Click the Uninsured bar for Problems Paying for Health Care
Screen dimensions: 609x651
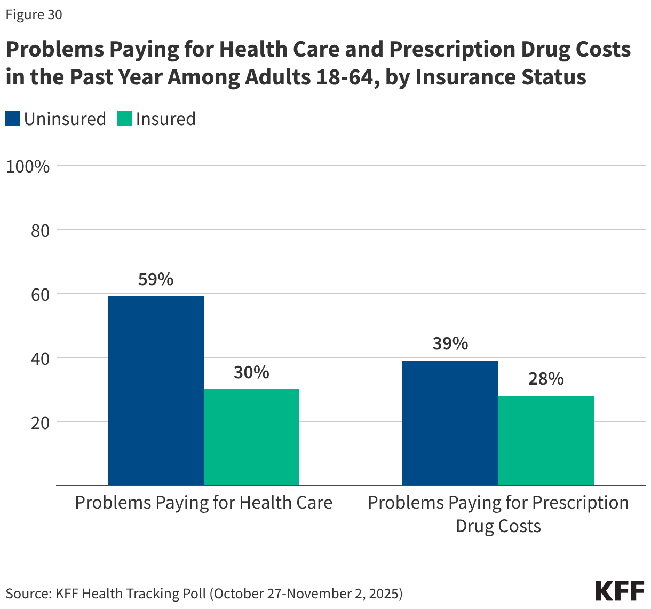(x=155, y=391)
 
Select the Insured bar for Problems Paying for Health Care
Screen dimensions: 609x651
(x=251, y=437)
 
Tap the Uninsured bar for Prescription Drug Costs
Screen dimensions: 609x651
(x=450, y=423)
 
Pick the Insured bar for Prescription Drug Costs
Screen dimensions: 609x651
(x=546, y=440)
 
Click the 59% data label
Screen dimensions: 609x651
(x=155, y=279)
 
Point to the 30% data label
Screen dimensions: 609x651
(x=251, y=372)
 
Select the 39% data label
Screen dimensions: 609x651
(x=450, y=343)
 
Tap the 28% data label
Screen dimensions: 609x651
(x=546, y=379)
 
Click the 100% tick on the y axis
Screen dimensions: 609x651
(x=28, y=166)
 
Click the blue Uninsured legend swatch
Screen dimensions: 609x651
(x=13, y=119)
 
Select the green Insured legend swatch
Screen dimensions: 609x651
(x=125, y=119)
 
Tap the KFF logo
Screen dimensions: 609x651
(x=620, y=591)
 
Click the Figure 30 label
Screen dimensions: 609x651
(x=34, y=15)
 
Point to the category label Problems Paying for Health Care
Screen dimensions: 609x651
(x=203, y=503)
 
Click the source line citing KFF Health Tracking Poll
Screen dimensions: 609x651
(x=204, y=594)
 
